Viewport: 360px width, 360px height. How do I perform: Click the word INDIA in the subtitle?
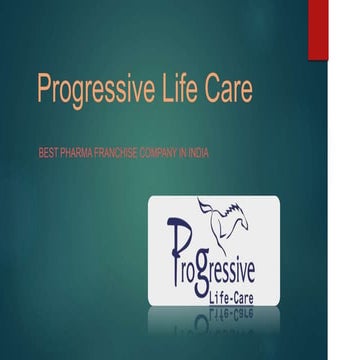click(x=198, y=152)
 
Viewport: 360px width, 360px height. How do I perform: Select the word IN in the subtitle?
click(x=181, y=152)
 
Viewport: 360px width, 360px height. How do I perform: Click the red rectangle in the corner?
click(x=317, y=28)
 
